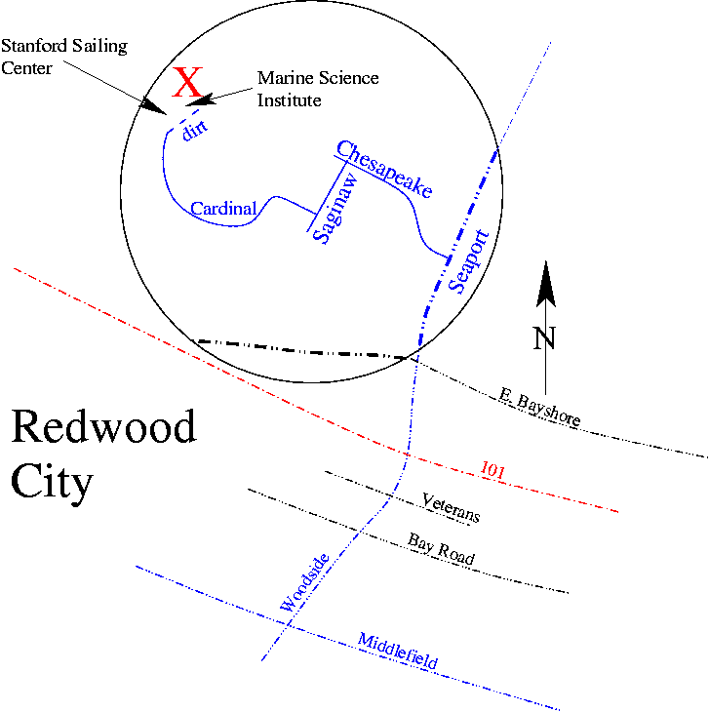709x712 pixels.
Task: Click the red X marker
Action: (x=187, y=83)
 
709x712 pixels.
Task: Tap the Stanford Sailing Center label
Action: (x=64, y=56)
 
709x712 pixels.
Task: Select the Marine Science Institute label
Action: (x=317, y=89)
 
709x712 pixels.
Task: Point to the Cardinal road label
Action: (x=223, y=208)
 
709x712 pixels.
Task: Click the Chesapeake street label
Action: (x=383, y=170)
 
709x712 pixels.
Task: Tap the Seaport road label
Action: (x=468, y=261)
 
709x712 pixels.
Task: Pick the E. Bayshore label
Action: (x=539, y=407)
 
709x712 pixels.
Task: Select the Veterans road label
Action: (x=451, y=509)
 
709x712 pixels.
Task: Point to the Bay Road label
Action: (x=443, y=549)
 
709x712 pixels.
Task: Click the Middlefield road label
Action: (x=397, y=652)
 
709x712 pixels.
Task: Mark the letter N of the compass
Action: (x=544, y=337)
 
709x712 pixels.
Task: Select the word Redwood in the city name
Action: (x=103, y=428)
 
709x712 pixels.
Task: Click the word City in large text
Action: (x=52, y=482)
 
